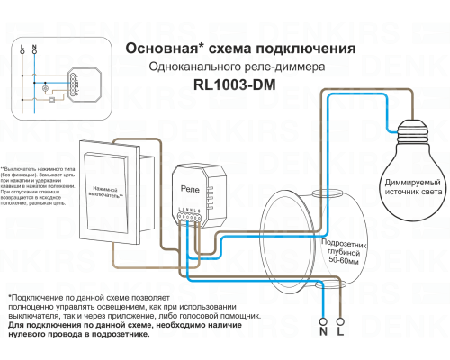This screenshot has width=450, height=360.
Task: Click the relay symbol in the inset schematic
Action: (73, 84)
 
